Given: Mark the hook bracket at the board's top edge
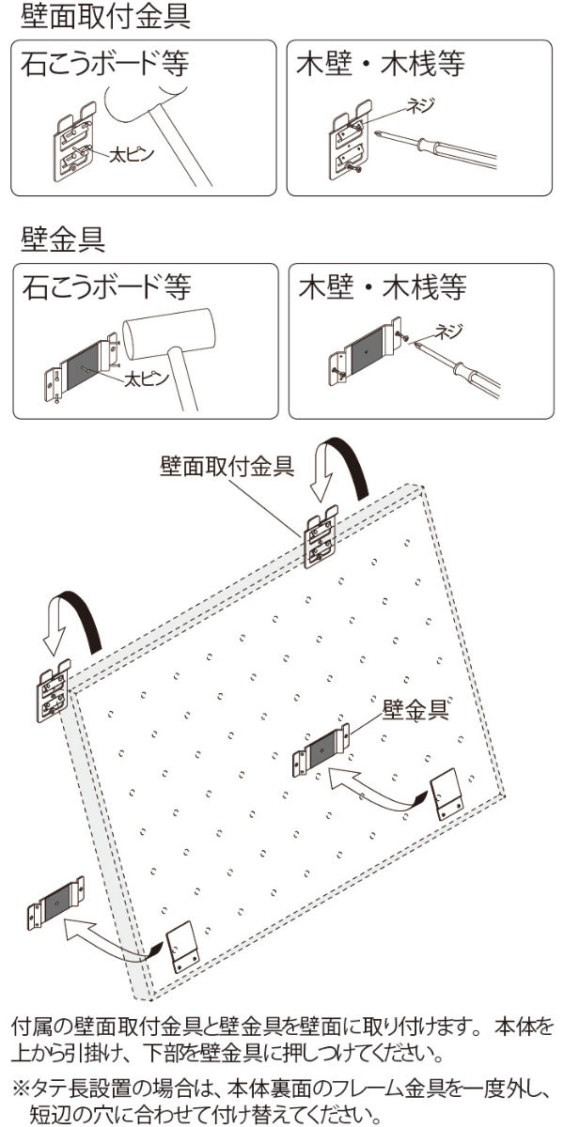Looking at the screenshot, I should coord(321,540).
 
